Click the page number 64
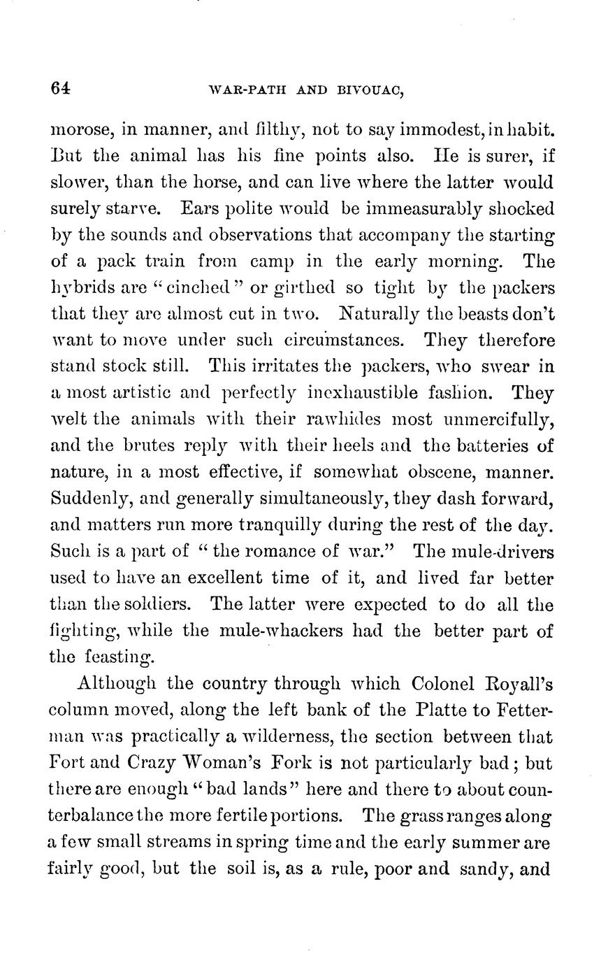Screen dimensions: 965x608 tap(61, 88)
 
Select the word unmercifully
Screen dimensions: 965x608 tap(498, 420)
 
